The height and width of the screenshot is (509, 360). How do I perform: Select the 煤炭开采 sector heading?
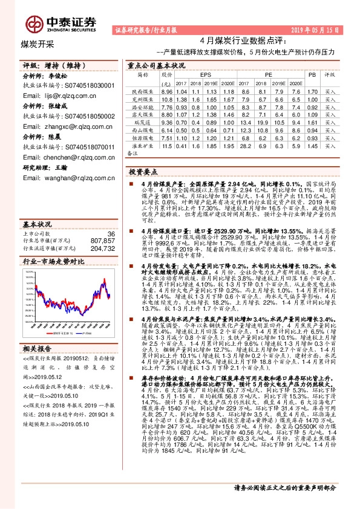pyautogui.click(x=38, y=44)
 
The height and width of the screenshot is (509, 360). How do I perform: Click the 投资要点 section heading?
pyautogui.click(x=143, y=172)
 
